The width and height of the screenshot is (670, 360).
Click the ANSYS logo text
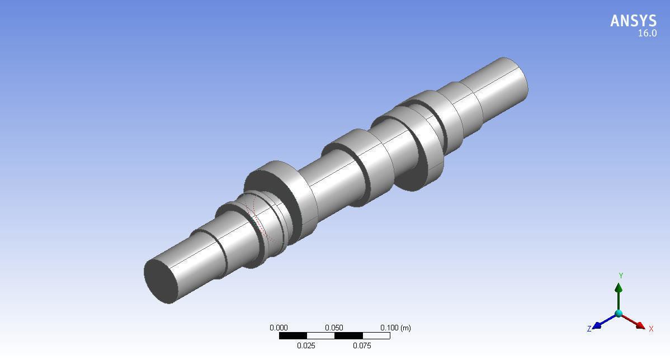(633, 21)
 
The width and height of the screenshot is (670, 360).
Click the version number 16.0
(647, 34)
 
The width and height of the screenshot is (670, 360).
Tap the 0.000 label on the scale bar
(279, 328)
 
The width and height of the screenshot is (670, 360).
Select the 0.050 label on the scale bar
(334, 328)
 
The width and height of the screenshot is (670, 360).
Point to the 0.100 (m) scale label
(395, 328)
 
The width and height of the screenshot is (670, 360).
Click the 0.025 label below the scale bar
(306, 345)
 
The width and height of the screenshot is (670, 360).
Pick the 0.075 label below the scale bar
(362, 345)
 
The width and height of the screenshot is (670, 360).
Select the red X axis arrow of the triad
(635, 321)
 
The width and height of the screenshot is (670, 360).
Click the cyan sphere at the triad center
(619, 314)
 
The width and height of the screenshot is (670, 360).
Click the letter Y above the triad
(621, 276)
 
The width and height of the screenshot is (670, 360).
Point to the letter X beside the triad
(651, 329)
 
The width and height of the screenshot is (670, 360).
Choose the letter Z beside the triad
(589, 329)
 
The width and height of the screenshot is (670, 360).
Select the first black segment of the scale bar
(292, 336)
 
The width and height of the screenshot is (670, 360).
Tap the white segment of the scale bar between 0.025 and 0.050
(320, 336)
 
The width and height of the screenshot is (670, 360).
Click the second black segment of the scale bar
(348, 336)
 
